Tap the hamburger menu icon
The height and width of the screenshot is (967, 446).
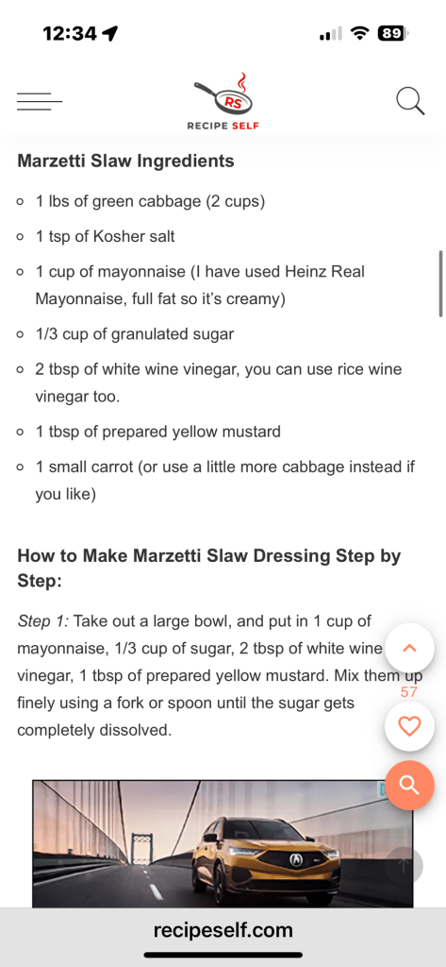tap(40, 101)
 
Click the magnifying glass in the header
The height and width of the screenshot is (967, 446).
tap(410, 100)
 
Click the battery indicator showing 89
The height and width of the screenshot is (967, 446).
tap(392, 33)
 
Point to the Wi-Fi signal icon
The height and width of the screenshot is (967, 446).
tap(358, 33)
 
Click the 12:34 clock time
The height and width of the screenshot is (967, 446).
tap(70, 34)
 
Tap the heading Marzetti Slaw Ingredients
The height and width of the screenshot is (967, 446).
tap(125, 161)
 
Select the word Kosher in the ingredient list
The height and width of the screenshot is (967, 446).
tap(118, 236)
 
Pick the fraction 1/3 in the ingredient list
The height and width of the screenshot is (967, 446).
tap(47, 334)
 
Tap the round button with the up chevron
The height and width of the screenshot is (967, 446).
tap(409, 648)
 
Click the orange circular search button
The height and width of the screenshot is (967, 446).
tap(409, 785)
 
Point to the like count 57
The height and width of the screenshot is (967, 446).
tap(409, 692)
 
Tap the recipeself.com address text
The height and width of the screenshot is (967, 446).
tap(223, 930)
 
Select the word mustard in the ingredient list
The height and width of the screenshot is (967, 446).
tap(252, 432)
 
